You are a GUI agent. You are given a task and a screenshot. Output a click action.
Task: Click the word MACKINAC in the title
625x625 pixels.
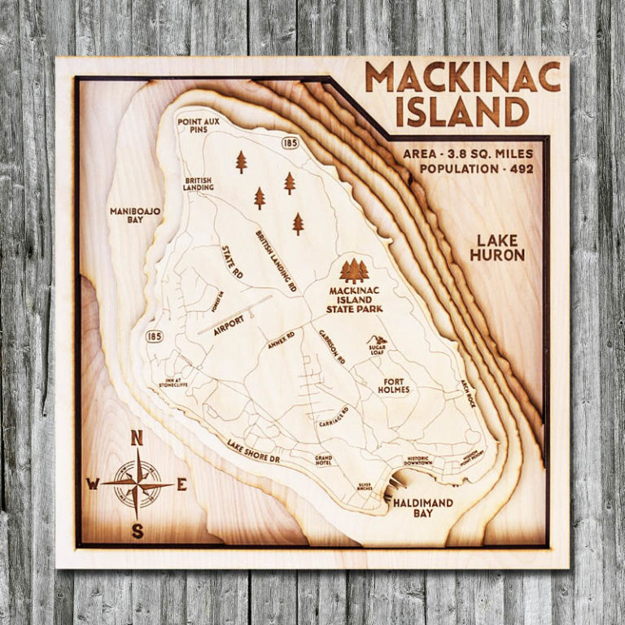click(462, 77)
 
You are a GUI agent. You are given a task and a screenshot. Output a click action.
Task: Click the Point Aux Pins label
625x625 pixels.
click(199, 125)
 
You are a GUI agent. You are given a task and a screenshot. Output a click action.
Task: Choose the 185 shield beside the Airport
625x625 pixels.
click(155, 335)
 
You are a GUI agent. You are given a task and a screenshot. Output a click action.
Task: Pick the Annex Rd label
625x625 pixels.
click(280, 340)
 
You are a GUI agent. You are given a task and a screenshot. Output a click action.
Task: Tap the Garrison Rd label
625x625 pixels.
click(332, 347)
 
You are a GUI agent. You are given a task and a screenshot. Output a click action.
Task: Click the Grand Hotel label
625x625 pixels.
click(324, 461)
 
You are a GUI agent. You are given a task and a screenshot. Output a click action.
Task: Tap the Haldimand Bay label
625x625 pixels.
click(422, 509)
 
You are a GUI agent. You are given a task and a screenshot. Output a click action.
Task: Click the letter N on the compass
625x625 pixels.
click(137, 439)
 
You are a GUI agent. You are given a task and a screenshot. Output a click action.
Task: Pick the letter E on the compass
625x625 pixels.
click(181, 484)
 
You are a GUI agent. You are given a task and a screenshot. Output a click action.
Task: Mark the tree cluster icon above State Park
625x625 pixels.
click(355, 270)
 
